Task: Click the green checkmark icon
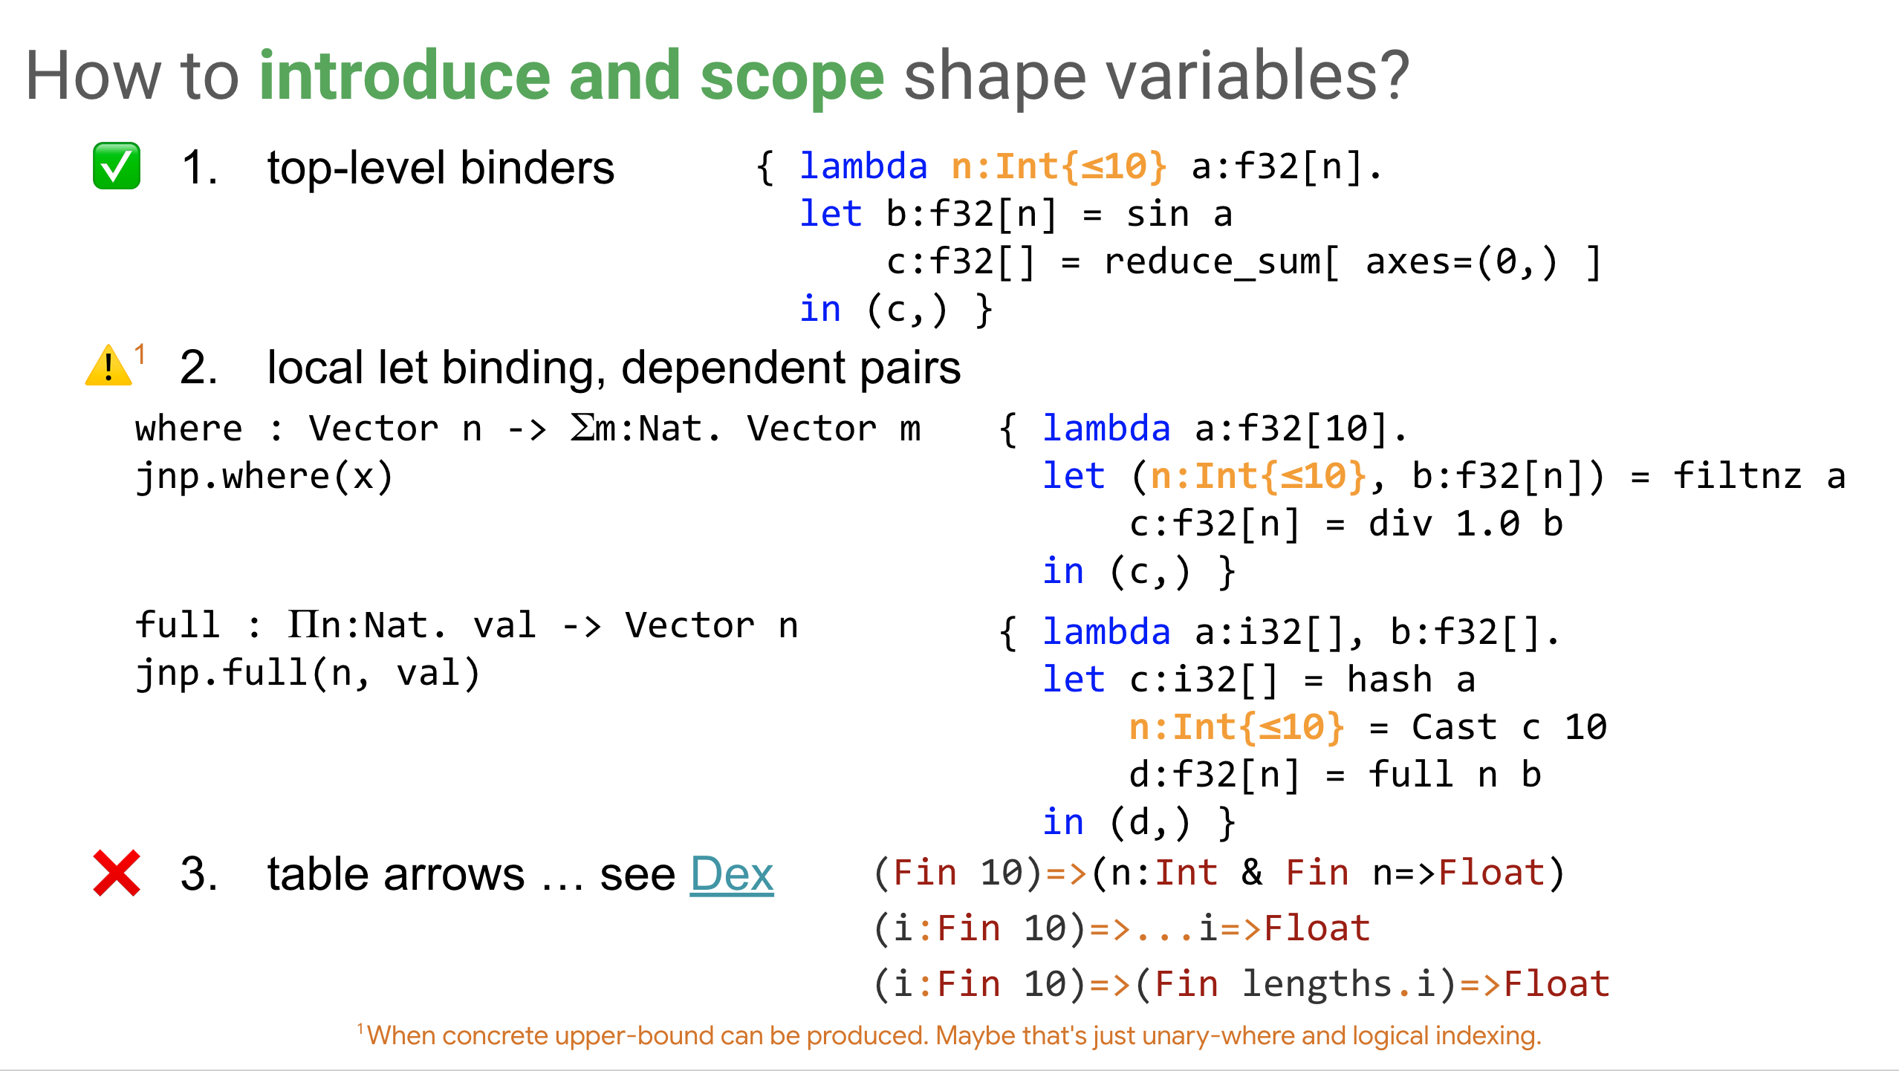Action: click(x=117, y=166)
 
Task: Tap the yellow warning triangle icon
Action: click(x=108, y=366)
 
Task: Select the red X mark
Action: click(x=117, y=873)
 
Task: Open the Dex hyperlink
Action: click(x=731, y=874)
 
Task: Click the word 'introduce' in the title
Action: click(x=405, y=76)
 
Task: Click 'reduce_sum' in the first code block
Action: click(x=1212, y=262)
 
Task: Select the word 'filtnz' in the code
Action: click(x=1737, y=477)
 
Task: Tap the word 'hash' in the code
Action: click(x=1389, y=680)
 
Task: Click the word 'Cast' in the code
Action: click(x=1454, y=728)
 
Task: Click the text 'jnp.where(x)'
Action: click(x=264, y=477)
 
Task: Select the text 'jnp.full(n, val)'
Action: click(x=308, y=674)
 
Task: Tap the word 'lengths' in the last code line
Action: click(x=1317, y=984)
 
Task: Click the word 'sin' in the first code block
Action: click(x=1158, y=215)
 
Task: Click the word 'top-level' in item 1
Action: click(x=357, y=167)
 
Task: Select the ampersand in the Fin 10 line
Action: click(x=1252, y=873)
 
